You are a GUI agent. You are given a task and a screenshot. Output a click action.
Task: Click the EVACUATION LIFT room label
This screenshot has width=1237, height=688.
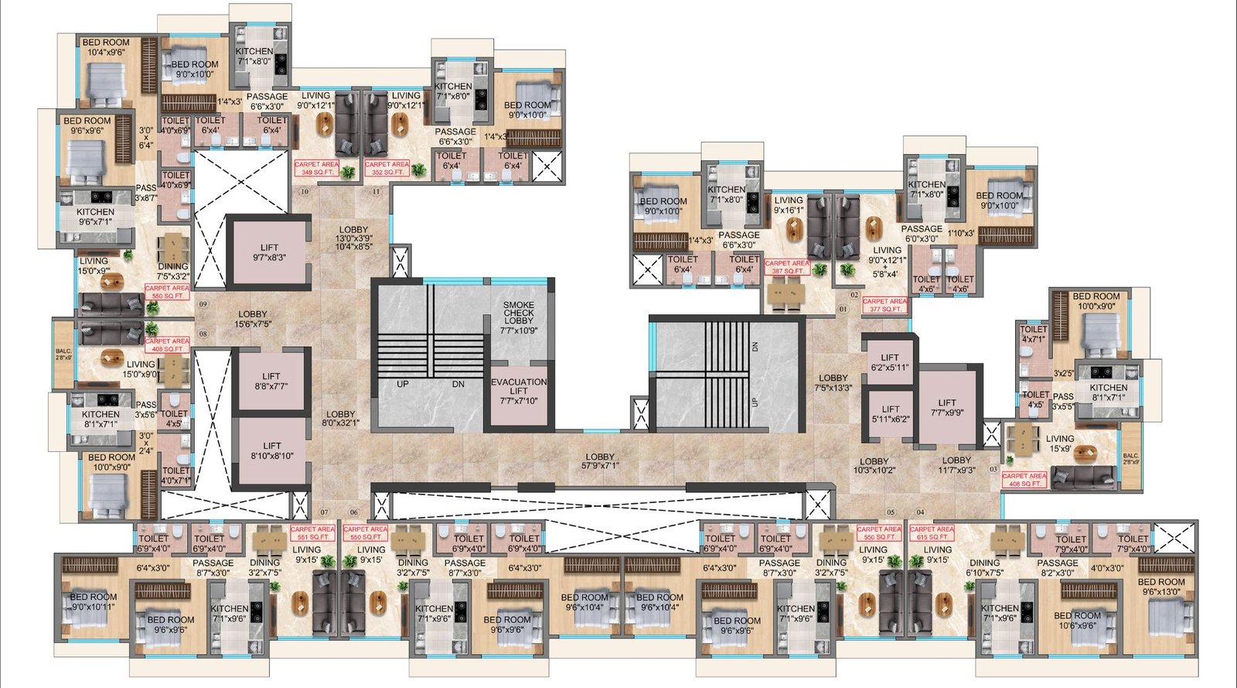click(x=519, y=391)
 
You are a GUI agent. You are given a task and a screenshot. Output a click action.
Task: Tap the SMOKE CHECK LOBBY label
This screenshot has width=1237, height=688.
click(x=519, y=317)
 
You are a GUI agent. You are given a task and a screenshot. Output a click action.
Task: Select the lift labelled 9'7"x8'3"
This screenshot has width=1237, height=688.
click(x=269, y=252)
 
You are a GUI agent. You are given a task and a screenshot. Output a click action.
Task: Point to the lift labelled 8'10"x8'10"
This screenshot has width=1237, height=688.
click(x=272, y=450)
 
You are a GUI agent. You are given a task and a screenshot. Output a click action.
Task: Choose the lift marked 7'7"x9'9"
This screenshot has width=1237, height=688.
click(x=947, y=408)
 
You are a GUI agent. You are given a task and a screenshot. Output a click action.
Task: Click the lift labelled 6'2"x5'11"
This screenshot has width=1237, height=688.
click(x=890, y=362)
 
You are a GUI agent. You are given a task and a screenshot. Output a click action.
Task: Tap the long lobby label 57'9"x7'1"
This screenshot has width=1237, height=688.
click(x=600, y=461)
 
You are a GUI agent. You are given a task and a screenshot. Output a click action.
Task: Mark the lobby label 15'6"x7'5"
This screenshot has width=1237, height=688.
click(x=253, y=319)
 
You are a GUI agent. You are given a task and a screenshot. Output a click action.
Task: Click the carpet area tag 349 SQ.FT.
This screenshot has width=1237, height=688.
click(x=316, y=168)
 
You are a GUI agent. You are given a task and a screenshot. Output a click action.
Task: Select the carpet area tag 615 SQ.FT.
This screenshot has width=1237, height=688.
click(x=932, y=532)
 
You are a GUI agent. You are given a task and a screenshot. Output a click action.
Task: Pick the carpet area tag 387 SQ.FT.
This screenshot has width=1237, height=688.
click(x=788, y=267)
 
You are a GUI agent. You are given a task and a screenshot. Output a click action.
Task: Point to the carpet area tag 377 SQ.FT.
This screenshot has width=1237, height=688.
click(x=885, y=305)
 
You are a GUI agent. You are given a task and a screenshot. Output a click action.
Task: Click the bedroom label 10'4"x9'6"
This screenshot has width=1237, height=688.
click(x=106, y=48)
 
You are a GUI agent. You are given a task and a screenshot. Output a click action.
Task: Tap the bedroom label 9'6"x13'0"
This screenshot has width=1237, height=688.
click(x=1161, y=587)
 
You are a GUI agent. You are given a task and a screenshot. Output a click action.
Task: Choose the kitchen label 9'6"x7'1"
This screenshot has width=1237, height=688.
click(x=95, y=217)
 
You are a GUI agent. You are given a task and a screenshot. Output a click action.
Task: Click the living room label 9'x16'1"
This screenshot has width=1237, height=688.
click(x=789, y=205)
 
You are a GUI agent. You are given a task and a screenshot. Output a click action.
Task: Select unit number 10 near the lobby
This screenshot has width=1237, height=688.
click(x=305, y=191)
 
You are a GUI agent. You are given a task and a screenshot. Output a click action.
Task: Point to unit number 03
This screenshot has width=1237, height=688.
click(x=993, y=468)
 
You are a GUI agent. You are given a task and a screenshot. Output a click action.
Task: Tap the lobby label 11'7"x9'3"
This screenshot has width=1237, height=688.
click(x=956, y=464)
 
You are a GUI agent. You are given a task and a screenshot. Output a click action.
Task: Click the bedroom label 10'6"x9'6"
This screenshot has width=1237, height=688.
click(x=1077, y=621)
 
